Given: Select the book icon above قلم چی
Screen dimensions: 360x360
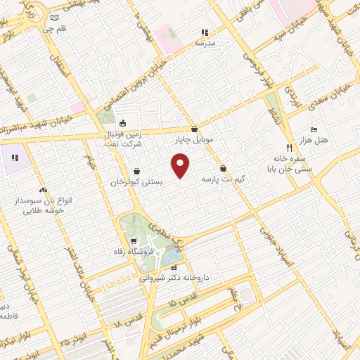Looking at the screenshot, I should pyautogui.click(x=56, y=18).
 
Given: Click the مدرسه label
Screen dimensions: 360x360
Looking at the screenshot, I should pyautogui.click(x=205, y=43).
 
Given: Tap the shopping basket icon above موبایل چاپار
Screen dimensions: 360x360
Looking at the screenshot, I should pyautogui.click(x=195, y=129).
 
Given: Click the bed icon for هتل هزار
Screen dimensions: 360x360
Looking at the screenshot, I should pyautogui.click(x=314, y=129).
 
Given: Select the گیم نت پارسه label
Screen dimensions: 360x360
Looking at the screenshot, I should pyautogui.click(x=223, y=181).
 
